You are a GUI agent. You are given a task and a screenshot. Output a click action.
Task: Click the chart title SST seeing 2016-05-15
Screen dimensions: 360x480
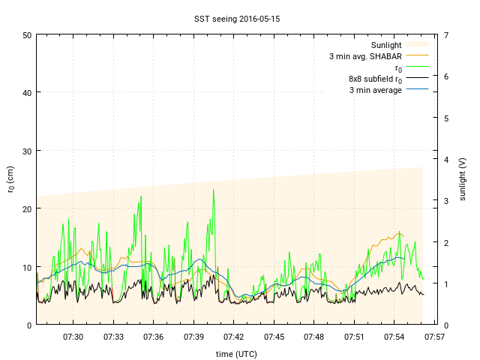(x=238, y=16)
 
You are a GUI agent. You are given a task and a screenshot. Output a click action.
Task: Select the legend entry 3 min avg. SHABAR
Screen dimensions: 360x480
(x=366, y=56)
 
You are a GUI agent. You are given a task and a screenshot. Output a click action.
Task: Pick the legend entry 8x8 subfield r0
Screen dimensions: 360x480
(x=375, y=79)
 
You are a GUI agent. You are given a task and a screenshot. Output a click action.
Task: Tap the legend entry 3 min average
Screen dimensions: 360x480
(x=376, y=90)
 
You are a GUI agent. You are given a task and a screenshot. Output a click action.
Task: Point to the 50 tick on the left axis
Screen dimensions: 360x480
(x=27, y=35)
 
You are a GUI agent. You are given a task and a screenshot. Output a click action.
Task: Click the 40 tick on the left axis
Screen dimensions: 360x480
(x=27, y=93)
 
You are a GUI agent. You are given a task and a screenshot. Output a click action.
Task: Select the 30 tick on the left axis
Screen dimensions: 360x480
(x=27, y=151)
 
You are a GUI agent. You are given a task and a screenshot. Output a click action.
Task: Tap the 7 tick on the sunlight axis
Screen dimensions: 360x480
(x=446, y=35)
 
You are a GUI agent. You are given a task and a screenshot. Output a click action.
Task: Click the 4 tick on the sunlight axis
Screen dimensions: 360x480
(x=446, y=159)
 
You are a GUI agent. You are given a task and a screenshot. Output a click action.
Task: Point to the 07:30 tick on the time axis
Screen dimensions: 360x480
(x=73, y=337)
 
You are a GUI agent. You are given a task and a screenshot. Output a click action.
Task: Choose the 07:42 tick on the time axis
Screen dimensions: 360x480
(x=234, y=337)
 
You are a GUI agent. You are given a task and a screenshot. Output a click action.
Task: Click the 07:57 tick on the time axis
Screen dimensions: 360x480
(x=435, y=337)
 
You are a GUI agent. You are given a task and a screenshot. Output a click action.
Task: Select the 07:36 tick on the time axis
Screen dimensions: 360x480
(x=154, y=337)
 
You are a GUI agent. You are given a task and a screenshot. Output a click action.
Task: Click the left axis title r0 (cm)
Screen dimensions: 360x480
(x=10, y=179)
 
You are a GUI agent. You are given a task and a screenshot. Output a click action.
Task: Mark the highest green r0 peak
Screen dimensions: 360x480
(x=214, y=190)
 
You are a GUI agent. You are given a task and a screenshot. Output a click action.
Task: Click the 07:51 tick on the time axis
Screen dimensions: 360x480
(x=355, y=337)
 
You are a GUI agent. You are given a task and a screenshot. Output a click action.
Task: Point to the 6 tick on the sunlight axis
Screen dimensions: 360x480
(x=446, y=76)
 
